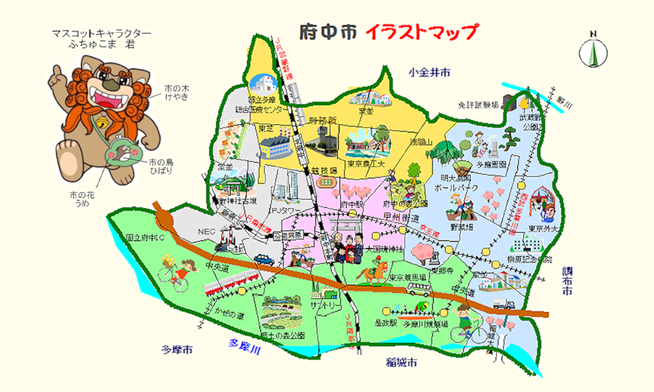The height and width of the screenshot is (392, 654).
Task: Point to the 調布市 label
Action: [x=568, y=280]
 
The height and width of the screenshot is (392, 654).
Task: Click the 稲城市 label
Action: [x=402, y=363]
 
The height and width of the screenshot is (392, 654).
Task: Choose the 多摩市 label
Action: [x=177, y=350]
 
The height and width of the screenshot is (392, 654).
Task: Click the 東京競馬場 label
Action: [x=409, y=278]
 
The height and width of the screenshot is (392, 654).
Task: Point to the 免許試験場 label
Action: [x=478, y=104]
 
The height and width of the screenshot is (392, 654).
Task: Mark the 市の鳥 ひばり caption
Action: [x=162, y=166]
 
